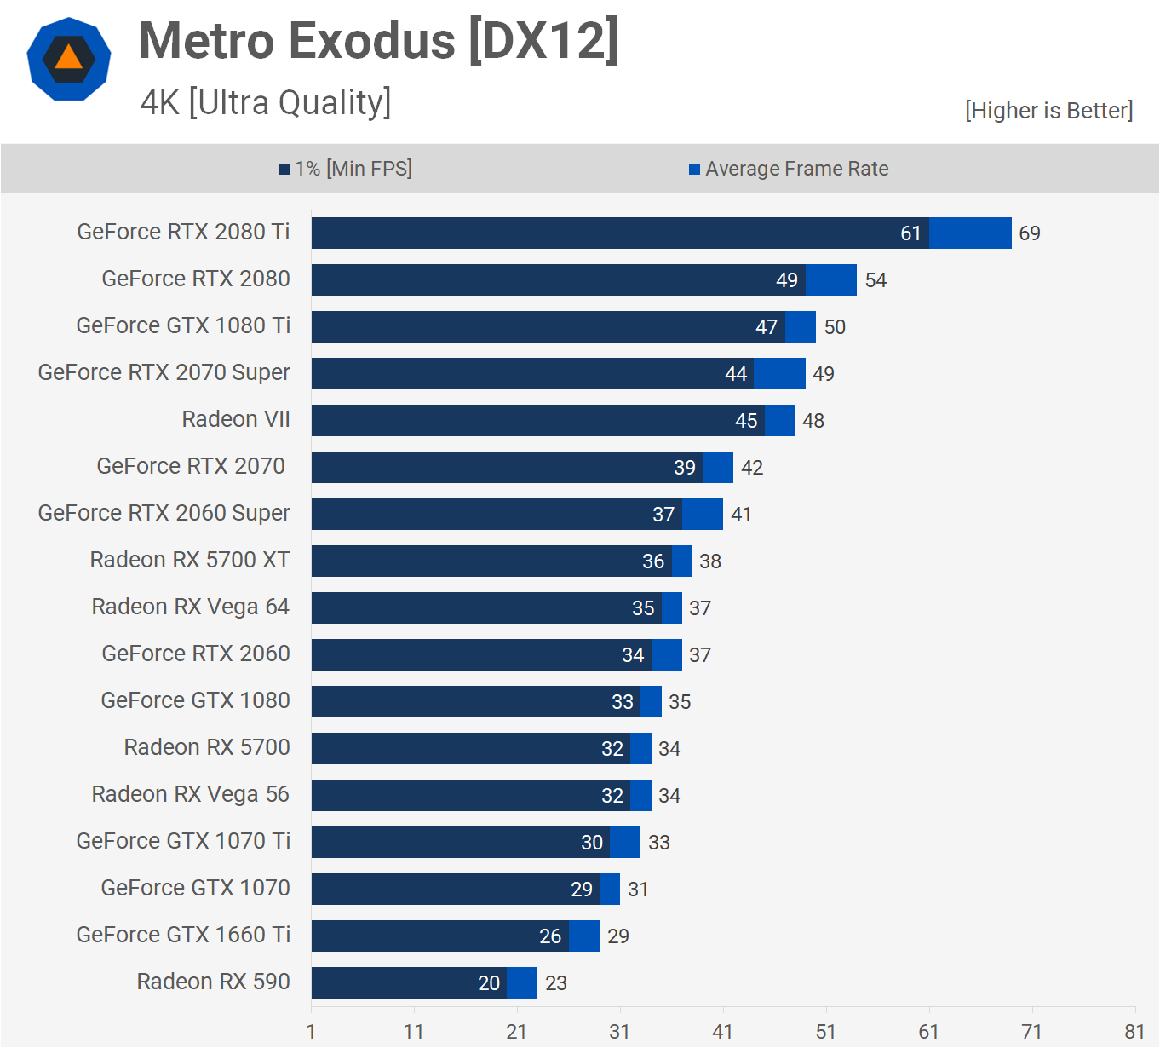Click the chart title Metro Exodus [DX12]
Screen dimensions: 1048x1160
(x=378, y=41)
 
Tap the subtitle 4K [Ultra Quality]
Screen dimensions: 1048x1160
(x=265, y=103)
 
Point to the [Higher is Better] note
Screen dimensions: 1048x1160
(x=1048, y=111)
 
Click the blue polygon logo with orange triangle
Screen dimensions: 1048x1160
(x=69, y=59)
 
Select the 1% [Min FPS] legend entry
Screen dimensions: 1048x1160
(x=346, y=169)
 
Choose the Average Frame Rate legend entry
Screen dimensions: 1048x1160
(x=789, y=169)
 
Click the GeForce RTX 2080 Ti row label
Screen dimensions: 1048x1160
(x=183, y=232)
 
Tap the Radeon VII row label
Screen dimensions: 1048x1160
(x=236, y=419)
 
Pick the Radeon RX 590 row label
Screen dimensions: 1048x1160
(x=213, y=982)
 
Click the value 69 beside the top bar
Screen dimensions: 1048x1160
(x=1030, y=233)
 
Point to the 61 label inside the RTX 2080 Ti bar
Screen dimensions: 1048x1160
(x=910, y=233)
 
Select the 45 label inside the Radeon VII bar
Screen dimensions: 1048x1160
(x=746, y=421)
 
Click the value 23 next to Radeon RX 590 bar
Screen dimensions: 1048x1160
(x=556, y=983)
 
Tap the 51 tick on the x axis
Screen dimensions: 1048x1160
(x=825, y=1032)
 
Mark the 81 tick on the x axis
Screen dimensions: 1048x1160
(x=1134, y=1032)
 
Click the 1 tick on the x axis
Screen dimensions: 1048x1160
(x=311, y=1032)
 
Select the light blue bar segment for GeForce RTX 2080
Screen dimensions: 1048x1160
(x=831, y=279)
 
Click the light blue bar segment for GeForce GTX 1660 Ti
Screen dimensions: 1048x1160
(x=584, y=936)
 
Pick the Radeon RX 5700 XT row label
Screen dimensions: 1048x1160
(x=190, y=560)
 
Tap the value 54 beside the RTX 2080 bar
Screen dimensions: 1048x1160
(x=876, y=280)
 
